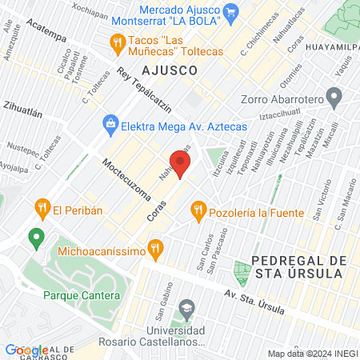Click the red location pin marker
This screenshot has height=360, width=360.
coord(181,165)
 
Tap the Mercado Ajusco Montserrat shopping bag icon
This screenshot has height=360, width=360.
coord(232,11)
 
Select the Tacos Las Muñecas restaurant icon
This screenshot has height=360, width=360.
coord(118,41)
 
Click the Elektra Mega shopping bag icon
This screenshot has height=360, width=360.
coord(110,124)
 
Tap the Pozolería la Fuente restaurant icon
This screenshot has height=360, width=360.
coord(198,212)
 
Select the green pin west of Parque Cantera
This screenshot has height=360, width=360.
coord(35,238)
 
